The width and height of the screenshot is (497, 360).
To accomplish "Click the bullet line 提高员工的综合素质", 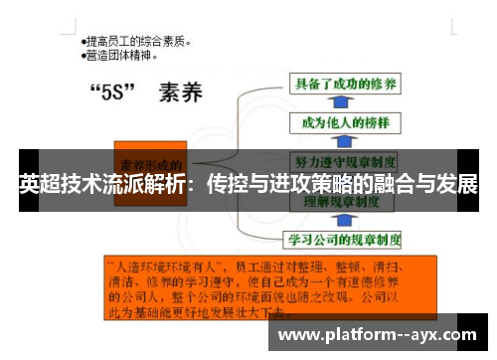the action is click(137, 42).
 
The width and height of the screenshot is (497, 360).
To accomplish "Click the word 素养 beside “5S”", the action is click(179, 95).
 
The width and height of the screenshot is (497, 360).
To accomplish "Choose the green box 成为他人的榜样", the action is click(337, 122).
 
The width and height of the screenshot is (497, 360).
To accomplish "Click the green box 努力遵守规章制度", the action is click(344, 160).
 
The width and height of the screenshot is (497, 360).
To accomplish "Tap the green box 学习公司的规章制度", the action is click(344, 239).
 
